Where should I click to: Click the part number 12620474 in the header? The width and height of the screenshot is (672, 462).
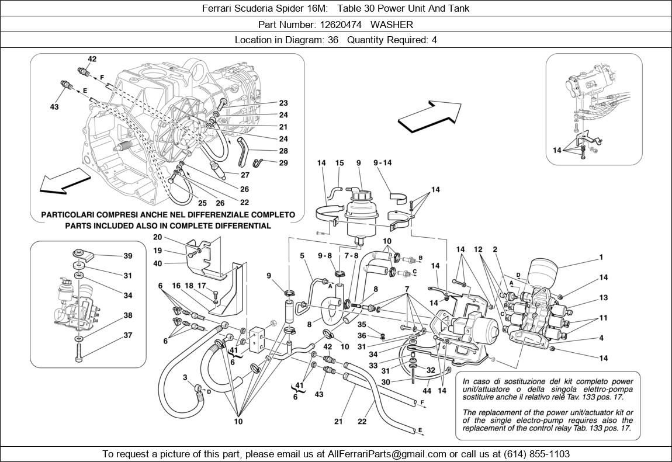tap(341, 25)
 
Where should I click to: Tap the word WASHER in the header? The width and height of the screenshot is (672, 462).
tap(392, 25)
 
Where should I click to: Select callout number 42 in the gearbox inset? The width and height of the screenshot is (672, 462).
tap(92, 59)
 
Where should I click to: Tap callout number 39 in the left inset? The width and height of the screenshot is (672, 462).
tap(127, 256)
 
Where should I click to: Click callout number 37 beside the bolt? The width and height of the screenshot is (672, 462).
tap(127, 335)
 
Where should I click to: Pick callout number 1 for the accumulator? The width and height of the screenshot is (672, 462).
tap(601, 257)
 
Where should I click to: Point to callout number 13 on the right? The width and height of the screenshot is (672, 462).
tap(603, 297)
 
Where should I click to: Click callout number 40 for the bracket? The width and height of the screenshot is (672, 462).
tap(157, 263)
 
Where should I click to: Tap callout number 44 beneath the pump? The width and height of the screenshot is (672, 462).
tap(427, 390)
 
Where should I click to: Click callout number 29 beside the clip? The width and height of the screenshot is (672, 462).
tap(283, 163)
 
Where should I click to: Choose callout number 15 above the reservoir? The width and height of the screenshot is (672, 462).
tap(340, 163)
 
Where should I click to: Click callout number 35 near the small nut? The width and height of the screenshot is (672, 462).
tap(362, 324)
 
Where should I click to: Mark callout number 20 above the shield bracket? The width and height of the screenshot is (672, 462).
tap(157, 237)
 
